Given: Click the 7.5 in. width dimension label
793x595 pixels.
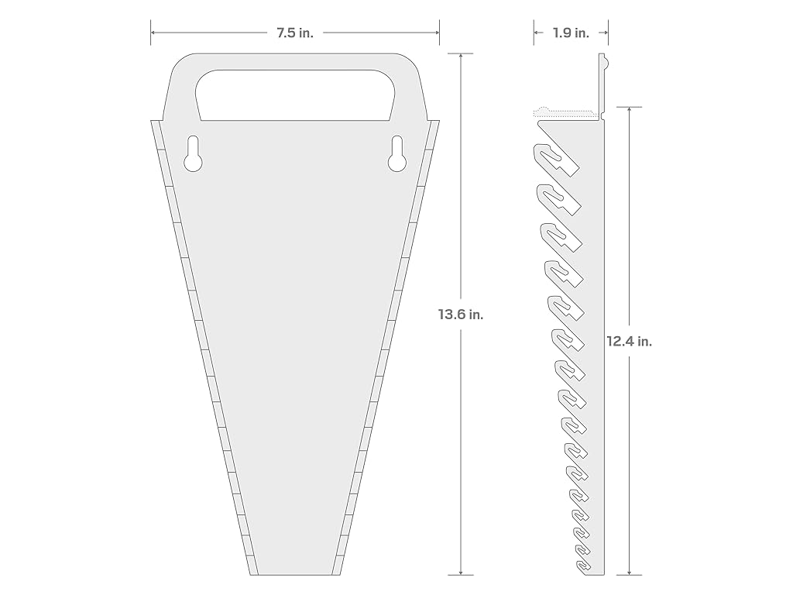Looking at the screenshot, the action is pyautogui.click(x=295, y=33).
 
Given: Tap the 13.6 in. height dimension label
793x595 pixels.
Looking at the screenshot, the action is pyautogui.click(x=461, y=315).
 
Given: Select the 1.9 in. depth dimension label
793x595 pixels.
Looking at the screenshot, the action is pyautogui.click(x=571, y=33).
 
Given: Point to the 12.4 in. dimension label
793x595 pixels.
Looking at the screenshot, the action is pyautogui.click(x=629, y=342).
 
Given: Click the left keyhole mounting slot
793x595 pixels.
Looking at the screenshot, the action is pyautogui.click(x=193, y=154).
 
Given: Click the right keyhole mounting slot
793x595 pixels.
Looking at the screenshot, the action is pyautogui.click(x=397, y=154).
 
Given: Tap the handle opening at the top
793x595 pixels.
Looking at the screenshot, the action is pyautogui.click(x=295, y=95).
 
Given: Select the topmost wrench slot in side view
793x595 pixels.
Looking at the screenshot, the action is pyautogui.click(x=554, y=160).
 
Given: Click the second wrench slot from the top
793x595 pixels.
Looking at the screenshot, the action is pyautogui.click(x=558, y=199).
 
